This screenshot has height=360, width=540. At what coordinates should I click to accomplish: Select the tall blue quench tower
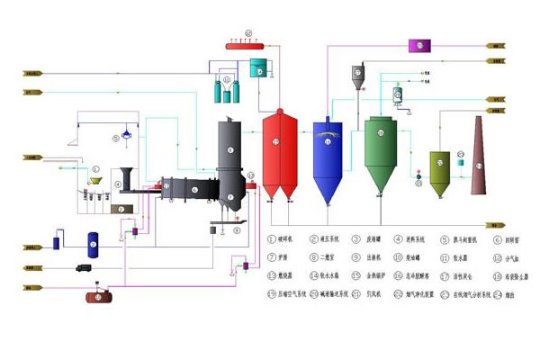pyautogui.click(x=326, y=157)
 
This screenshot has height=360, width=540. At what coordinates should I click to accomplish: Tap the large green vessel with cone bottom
pyautogui.click(x=381, y=153)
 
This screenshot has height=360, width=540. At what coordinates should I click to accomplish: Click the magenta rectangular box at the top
pyautogui.click(x=421, y=44)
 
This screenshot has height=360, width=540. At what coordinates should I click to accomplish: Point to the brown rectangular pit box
pyautogui.click(x=117, y=208)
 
